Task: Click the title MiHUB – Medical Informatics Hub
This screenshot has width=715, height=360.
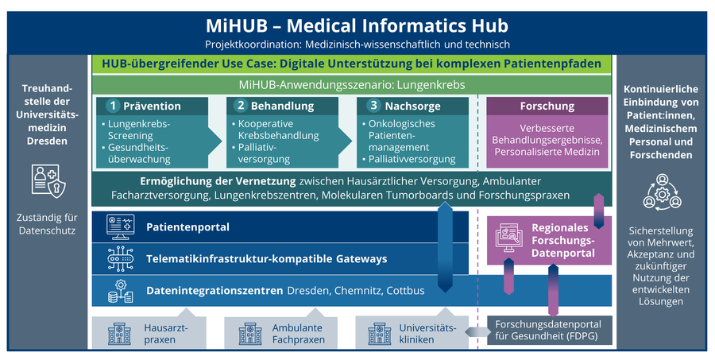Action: [x=356, y=25]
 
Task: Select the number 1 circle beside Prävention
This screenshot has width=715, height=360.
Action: [x=114, y=106]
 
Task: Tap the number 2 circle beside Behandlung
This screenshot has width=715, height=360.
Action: [x=242, y=106]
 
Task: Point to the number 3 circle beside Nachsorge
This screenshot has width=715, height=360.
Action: [x=373, y=106]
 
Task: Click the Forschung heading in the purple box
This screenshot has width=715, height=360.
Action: [x=547, y=106]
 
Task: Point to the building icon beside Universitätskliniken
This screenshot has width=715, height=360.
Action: [x=377, y=333]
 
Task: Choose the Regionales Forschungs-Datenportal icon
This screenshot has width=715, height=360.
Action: [x=509, y=239]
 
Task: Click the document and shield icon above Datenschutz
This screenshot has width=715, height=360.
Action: [x=47, y=181]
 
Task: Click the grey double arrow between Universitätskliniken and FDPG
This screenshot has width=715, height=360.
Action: [x=475, y=332]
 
